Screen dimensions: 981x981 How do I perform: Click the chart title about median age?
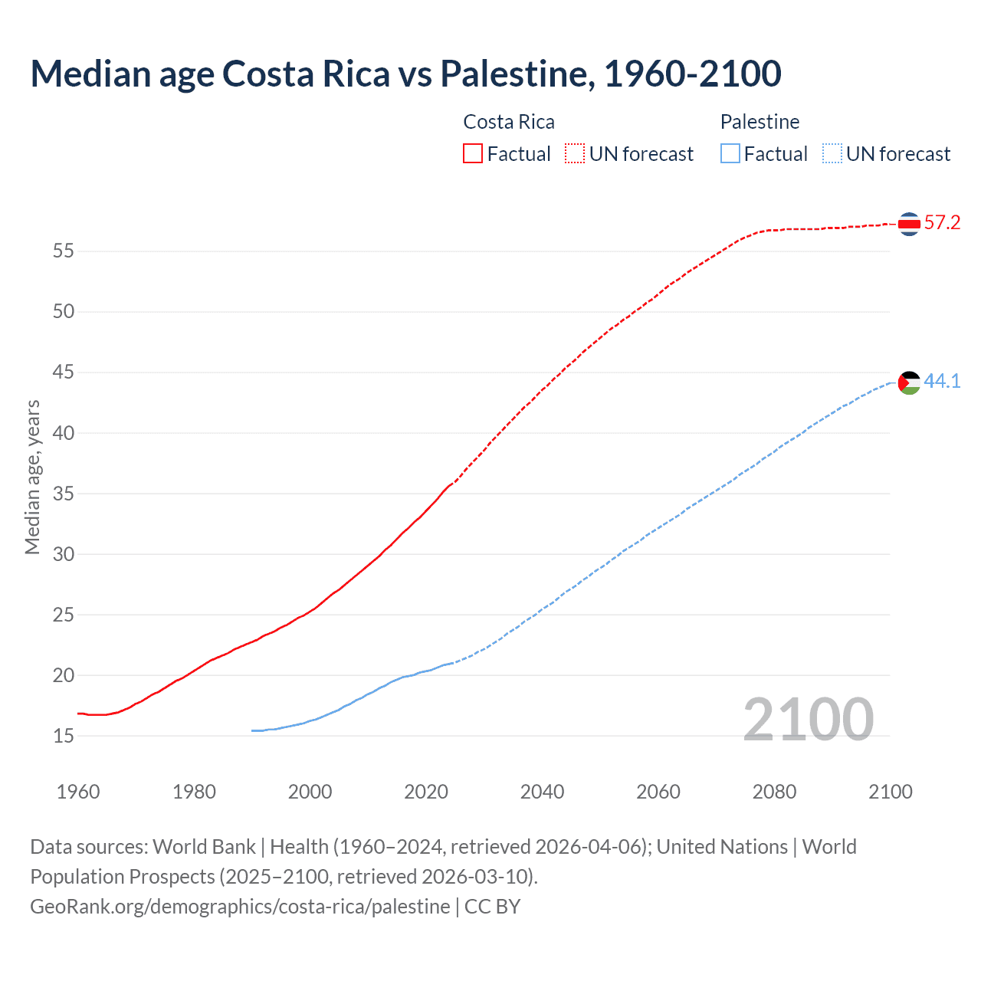[x=405, y=74]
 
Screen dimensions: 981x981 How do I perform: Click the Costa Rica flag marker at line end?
[x=909, y=224]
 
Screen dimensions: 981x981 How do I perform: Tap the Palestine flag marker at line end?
[x=909, y=382]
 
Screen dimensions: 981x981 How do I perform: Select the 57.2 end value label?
[x=942, y=223]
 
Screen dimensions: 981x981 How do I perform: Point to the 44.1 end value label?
[x=942, y=381]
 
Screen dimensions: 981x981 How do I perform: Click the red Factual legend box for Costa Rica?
[x=473, y=154]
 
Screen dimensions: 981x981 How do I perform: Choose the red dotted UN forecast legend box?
[x=575, y=154]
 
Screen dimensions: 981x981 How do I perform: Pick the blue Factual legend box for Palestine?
[x=730, y=154]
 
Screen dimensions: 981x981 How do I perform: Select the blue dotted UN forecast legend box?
[x=832, y=154]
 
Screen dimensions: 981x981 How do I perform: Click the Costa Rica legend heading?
[x=509, y=122]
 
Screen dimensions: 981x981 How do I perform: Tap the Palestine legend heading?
[x=760, y=122]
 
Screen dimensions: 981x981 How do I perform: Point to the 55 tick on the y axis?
[x=64, y=251]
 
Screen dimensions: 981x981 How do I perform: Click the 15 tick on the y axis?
[x=64, y=736]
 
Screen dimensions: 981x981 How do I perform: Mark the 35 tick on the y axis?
[x=64, y=494]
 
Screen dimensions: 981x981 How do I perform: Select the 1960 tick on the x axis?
[x=78, y=792]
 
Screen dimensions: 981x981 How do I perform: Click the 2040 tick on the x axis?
[x=542, y=792]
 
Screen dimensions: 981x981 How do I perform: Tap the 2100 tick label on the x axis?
[x=890, y=792]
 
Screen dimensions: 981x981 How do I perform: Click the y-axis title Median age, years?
[x=32, y=477]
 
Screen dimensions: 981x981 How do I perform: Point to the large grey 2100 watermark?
[x=808, y=719]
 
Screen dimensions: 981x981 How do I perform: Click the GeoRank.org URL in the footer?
[x=240, y=907]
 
